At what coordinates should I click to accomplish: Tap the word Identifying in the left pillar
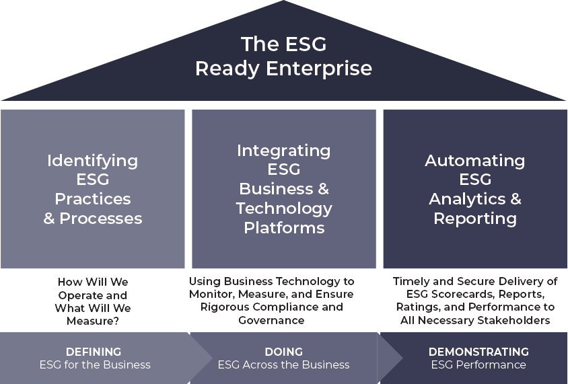(x=92, y=161)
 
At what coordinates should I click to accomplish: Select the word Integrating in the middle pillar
(x=283, y=151)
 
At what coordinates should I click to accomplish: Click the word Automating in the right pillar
(x=474, y=161)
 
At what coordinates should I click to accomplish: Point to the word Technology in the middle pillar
(x=283, y=208)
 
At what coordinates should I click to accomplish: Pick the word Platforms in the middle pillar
(x=283, y=228)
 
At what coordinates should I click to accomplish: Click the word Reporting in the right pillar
(x=474, y=219)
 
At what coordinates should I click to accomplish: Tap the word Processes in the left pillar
(x=100, y=219)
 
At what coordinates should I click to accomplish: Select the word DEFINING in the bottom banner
(x=94, y=352)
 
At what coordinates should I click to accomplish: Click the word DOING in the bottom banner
(x=283, y=352)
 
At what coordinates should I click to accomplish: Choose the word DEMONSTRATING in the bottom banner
(x=478, y=352)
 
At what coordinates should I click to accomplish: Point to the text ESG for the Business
(x=94, y=364)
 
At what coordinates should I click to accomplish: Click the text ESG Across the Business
(x=283, y=364)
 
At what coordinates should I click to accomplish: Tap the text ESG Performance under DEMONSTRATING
(x=478, y=364)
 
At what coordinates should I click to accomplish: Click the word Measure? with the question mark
(x=93, y=321)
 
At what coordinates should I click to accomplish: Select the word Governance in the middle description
(x=271, y=320)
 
